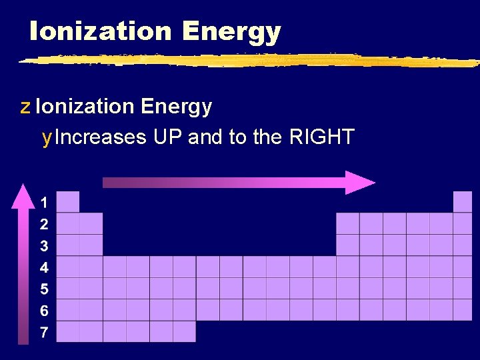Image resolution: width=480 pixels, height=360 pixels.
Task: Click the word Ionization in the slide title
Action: click(100, 31)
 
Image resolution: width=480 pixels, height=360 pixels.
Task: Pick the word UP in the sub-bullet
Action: click(168, 138)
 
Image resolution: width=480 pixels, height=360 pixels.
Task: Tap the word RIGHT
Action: click(322, 138)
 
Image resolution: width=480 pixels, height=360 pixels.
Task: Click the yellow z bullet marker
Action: click(25, 107)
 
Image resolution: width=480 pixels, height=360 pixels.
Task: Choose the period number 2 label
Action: click(44, 224)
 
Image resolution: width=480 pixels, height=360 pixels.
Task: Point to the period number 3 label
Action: click(44, 246)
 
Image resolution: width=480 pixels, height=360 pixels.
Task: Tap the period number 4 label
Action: click(44, 268)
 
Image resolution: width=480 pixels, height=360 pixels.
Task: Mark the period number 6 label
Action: click(44, 311)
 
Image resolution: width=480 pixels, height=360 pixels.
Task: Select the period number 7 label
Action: click(44, 332)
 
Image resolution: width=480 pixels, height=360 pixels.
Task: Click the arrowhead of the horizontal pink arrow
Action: click(360, 183)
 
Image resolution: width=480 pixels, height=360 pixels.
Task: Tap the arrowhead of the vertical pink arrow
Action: click(23, 195)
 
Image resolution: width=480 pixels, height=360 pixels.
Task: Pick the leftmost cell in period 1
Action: click(68, 202)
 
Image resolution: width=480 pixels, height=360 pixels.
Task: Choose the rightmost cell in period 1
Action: click(463, 202)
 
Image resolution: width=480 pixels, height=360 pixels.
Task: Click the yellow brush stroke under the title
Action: click(247, 60)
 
